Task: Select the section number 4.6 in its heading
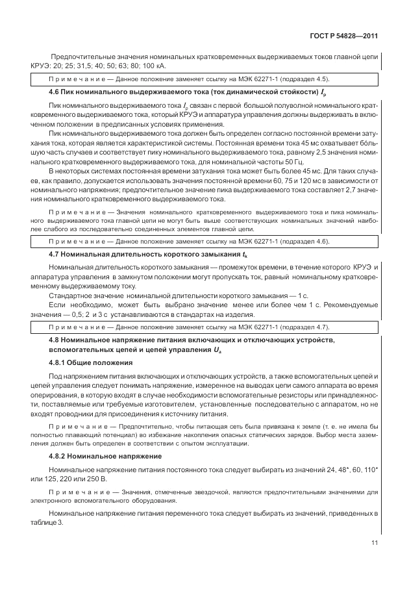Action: click(x=55, y=94)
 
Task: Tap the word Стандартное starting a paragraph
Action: click(x=71, y=296)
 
